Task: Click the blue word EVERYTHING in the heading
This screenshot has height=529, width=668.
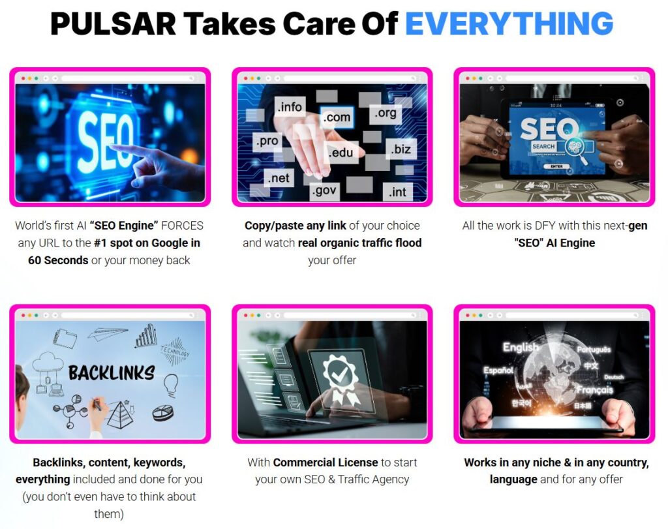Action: click(509, 23)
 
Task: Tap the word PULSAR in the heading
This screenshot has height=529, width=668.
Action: click(113, 23)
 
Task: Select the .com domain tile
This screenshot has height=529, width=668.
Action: click(337, 117)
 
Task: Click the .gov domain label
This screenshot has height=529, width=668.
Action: click(325, 190)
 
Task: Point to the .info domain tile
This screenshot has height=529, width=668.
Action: click(290, 106)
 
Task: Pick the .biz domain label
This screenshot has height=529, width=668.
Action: click(401, 149)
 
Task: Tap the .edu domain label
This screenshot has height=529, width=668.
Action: click(341, 152)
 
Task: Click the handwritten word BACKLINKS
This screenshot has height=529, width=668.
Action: click(112, 373)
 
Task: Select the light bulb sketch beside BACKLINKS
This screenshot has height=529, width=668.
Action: click(171, 384)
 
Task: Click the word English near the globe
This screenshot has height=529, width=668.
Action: click(521, 347)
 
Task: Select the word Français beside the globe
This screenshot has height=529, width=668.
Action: click(595, 389)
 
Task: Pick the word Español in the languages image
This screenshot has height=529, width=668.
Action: click(498, 370)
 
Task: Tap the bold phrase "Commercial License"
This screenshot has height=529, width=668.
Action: click(326, 462)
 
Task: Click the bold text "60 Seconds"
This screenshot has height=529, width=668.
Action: click(58, 260)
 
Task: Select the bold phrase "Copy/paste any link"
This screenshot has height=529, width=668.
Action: click(296, 226)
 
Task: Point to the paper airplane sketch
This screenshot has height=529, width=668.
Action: click(108, 333)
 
